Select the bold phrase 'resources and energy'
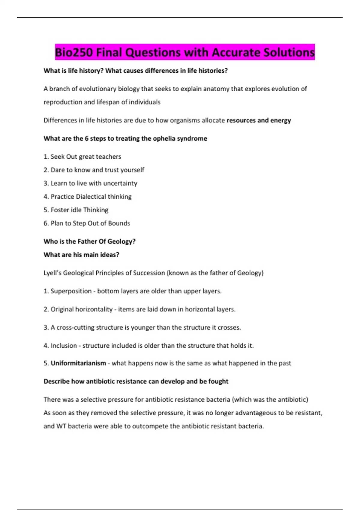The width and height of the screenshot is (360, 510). (x=259, y=120)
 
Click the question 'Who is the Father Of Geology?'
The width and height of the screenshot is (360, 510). (x=90, y=241)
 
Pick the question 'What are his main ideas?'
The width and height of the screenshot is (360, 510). (x=81, y=255)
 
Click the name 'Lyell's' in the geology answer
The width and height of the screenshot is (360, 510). (x=52, y=273)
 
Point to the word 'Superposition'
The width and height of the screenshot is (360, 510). (x=71, y=291)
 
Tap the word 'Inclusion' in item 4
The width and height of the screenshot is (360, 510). (x=64, y=346)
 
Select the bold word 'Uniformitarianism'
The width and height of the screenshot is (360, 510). (x=78, y=363)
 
